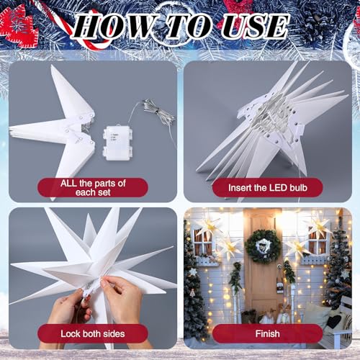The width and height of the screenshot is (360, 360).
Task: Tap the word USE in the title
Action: click(x=255, y=26)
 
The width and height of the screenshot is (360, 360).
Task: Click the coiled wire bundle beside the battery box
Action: click(x=157, y=112)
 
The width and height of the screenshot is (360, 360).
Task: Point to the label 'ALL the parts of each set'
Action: click(x=93, y=188)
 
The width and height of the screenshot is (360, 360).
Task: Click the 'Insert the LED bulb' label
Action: click(x=268, y=188)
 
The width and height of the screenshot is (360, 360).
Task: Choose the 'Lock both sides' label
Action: click(x=93, y=333)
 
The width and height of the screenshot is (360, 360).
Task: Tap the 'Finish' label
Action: click(x=268, y=333)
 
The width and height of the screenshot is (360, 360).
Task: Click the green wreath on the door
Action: click(x=263, y=246)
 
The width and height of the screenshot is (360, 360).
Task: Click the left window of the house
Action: click(x=203, y=243)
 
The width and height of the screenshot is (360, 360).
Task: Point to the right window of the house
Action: click(x=318, y=243)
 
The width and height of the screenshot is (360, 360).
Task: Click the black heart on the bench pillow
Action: click(x=334, y=321)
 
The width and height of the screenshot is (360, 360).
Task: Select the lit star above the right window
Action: click(x=319, y=225)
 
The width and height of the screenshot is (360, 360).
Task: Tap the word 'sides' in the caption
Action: click(x=113, y=334)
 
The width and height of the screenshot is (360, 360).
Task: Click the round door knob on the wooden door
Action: click(x=279, y=266)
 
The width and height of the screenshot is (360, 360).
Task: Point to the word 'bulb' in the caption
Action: click(x=298, y=188)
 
